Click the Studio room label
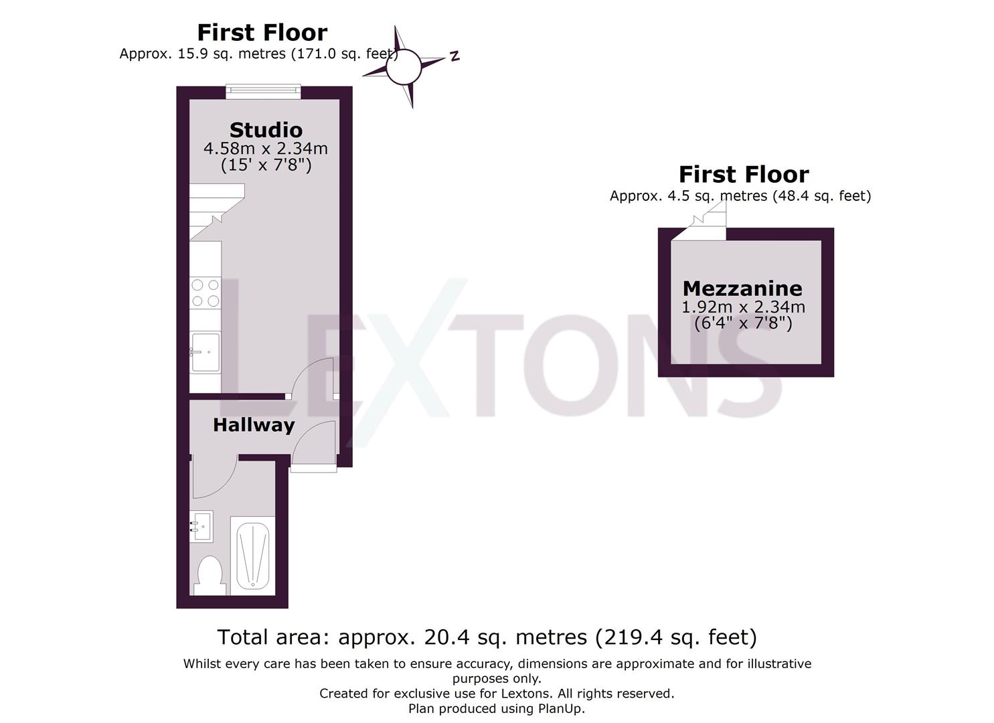266,130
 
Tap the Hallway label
254,425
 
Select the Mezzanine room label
742,289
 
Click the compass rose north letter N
454,56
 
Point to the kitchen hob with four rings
205,293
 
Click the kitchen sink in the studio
205,352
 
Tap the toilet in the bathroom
210,575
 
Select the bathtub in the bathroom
252,556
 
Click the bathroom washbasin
201,526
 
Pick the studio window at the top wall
262,92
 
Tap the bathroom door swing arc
214,478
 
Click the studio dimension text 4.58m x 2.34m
266,148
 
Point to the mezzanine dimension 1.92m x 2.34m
743,307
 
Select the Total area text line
487,637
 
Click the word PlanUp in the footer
560,708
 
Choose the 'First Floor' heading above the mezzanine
744,175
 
